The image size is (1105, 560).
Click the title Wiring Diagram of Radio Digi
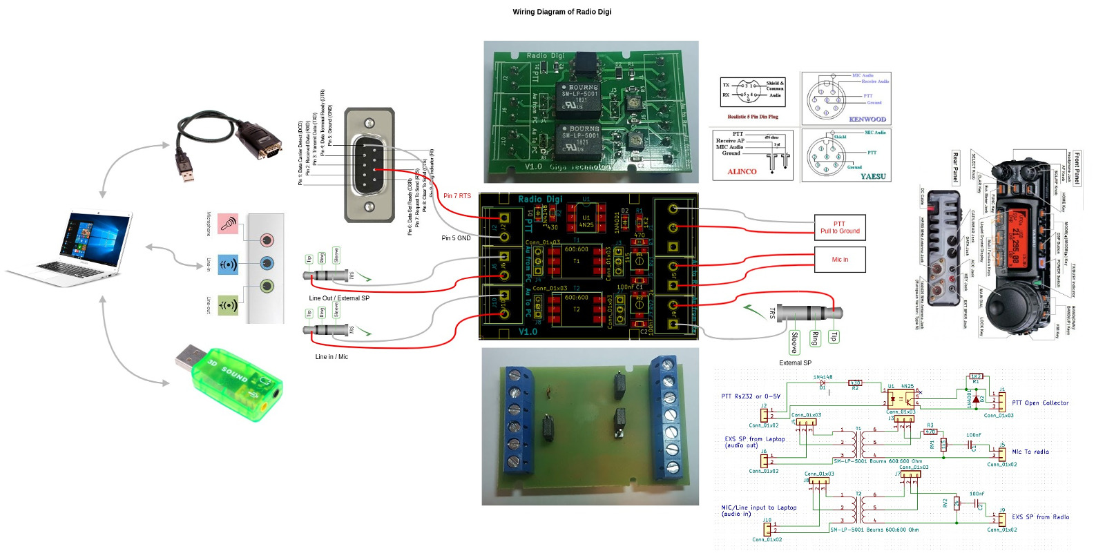[x=561, y=12]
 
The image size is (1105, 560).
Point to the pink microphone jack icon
[x=228, y=224]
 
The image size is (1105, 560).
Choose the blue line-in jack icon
[x=228, y=264]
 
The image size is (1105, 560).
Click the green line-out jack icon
[x=228, y=305]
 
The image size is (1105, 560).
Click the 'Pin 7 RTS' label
[x=457, y=196]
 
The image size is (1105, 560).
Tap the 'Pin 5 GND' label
[x=456, y=238]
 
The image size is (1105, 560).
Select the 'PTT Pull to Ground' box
[x=840, y=228]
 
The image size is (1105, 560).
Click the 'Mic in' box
[x=840, y=260]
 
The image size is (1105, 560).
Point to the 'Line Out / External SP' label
[x=339, y=298]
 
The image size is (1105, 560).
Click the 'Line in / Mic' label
[x=331, y=357]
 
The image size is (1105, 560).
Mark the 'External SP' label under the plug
[x=795, y=363]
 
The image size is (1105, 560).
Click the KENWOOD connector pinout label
[x=867, y=119]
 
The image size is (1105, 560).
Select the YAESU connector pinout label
[x=873, y=177]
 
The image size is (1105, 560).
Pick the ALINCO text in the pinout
[x=742, y=172]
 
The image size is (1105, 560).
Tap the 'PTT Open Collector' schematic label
[x=1040, y=403]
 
